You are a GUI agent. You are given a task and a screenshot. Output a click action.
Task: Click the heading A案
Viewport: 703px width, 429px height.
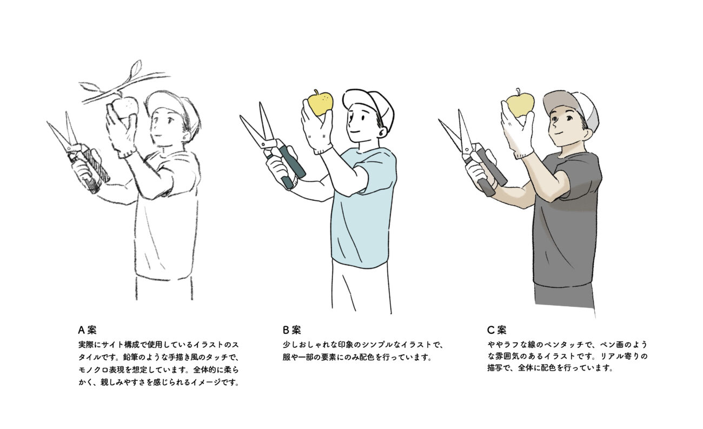click(x=87, y=330)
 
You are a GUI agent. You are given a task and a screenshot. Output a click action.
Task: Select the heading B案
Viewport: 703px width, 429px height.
click(x=291, y=330)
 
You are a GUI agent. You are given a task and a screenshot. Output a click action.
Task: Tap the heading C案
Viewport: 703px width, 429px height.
click(x=496, y=330)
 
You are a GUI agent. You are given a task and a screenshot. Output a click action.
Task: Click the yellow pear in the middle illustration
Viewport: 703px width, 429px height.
click(x=320, y=102)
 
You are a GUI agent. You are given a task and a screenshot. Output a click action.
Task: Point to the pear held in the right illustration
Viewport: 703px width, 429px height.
click(x=520, y=102)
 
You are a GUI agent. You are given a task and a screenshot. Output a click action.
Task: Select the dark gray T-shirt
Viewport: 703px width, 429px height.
click(x=565, y=220)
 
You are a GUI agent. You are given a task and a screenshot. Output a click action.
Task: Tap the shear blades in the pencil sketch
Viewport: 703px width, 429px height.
click(x=64, y=132)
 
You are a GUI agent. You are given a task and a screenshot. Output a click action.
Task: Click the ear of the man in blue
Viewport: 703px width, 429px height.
click(x=382, y=131)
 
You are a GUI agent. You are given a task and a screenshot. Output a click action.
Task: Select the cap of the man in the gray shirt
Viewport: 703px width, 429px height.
click(x=569, y=107)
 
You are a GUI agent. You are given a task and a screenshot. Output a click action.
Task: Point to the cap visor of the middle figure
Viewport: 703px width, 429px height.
click(x=355, y=97)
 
